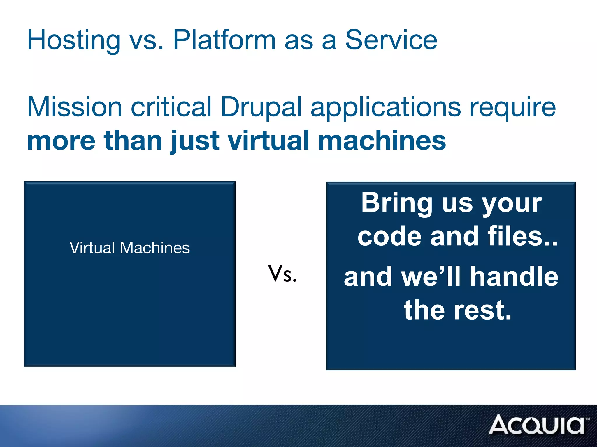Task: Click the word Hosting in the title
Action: [73, 41]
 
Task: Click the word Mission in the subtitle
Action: [74, 107]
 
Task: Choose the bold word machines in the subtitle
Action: [382, 141]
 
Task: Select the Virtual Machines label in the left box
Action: [130, 248]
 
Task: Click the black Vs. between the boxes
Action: [282, 274]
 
